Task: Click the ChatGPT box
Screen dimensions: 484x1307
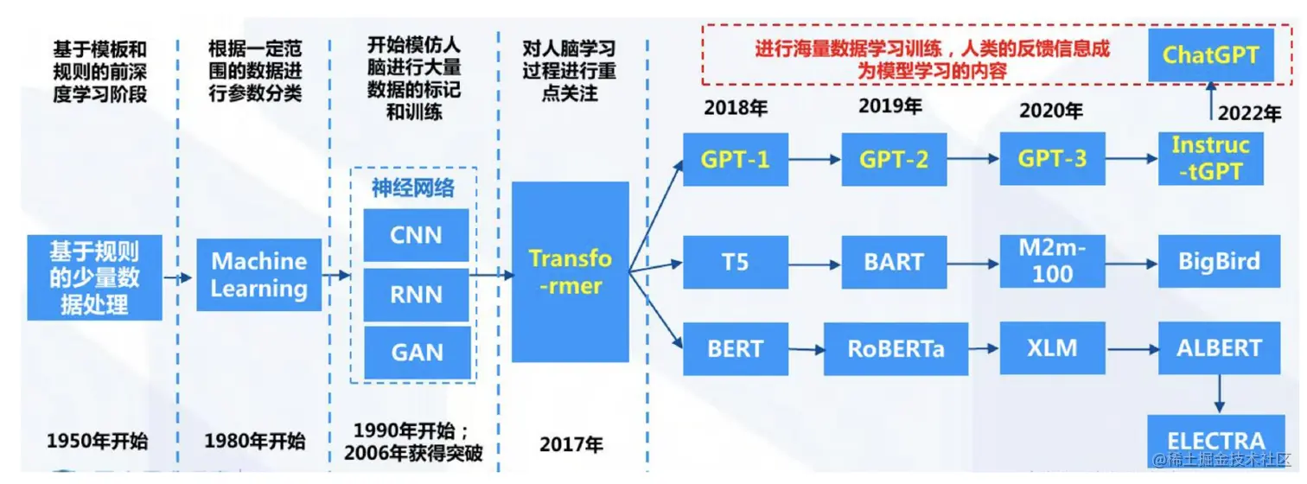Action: click(x=1210, y=55)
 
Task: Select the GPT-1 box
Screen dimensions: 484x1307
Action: click(x=735, y=159)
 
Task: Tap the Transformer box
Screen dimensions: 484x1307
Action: click(x=570, y=271)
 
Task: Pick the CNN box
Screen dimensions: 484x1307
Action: click(x=417, y=234)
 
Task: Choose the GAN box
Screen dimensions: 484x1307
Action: click(x=417, y=352)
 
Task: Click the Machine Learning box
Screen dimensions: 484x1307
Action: click(x=258, y=275)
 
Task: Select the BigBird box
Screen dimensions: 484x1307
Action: click(x=1219, y=261)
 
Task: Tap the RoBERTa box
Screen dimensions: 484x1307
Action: click(x=895, y=348)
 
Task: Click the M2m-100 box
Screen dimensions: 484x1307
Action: click(x=1052, y=261)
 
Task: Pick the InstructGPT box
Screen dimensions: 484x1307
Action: click(x=1210, y=158)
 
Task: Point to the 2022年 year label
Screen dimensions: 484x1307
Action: click(x=1248, y=114)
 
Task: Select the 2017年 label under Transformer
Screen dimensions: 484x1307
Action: click(x=571, y=444)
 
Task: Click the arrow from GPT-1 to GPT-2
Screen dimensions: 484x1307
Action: click(x=814, y=159)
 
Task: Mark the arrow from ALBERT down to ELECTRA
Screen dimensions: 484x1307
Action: click(x=1217, y=392)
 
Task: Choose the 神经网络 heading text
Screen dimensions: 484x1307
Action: click(x=412, y=188)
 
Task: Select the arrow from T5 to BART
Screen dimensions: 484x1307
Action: click(x=814, y=262)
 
